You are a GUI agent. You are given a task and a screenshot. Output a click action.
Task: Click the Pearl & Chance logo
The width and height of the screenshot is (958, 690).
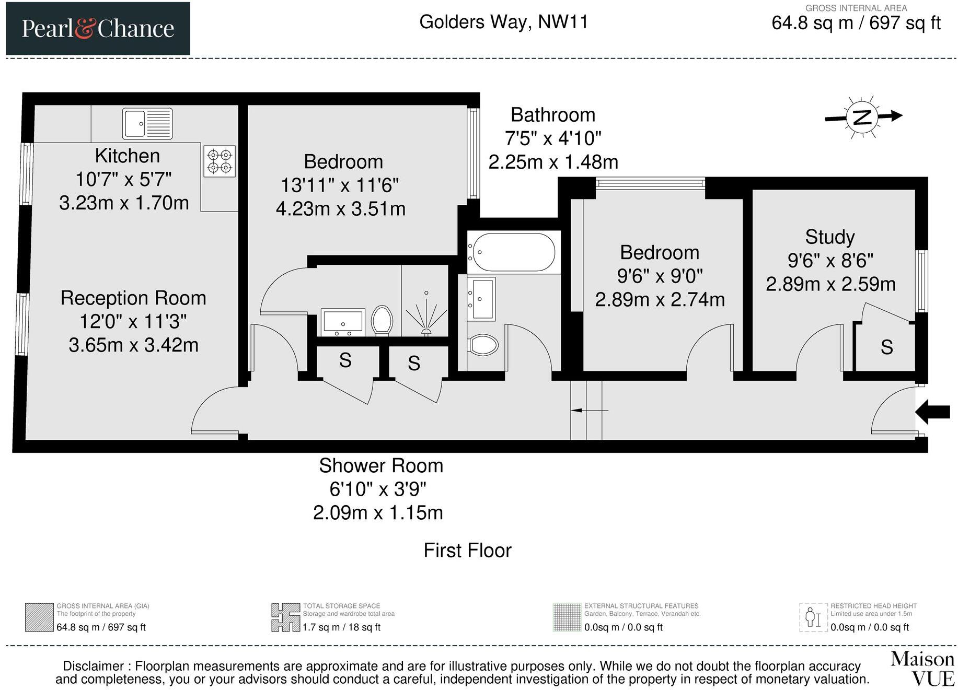click(98, 28)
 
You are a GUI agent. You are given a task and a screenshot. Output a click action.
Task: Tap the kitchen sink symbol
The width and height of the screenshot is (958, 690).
click(147, 124)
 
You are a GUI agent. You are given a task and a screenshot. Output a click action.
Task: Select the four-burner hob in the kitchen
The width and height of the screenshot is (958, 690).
click(220, 161)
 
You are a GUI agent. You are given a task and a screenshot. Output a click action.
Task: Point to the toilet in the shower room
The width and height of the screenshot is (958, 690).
click(382, 320)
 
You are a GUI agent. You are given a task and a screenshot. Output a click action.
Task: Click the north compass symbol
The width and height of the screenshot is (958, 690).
click(863, 117)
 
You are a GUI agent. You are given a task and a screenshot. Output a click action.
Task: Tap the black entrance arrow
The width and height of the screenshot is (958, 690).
click(932, 412)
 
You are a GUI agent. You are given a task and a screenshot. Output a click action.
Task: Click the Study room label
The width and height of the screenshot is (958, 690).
click(830, 237)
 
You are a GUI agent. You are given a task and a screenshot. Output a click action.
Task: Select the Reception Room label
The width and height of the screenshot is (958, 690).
click(133, 298)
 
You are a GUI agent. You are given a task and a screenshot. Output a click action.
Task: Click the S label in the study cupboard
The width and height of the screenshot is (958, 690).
click(887, 347)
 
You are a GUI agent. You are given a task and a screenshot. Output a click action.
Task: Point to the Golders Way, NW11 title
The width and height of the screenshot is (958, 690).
click(504, 22)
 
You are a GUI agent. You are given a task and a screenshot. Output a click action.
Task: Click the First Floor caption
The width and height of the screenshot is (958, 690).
click(467, 551)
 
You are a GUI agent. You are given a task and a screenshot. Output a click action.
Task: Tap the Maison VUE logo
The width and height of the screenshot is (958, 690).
click(922, 669)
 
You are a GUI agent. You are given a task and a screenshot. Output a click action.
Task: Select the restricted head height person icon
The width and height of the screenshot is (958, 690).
click(813, 617)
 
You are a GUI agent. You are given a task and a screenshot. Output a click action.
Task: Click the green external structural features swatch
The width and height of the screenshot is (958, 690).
click(567, 617)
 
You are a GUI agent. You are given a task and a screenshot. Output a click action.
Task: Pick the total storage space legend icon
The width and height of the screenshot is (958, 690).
click(285, 617)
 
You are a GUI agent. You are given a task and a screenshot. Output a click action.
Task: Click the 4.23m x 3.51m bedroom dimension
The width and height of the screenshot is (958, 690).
click(341, 209)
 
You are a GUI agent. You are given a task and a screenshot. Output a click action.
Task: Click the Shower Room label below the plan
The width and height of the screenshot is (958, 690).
click(381, 465)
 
